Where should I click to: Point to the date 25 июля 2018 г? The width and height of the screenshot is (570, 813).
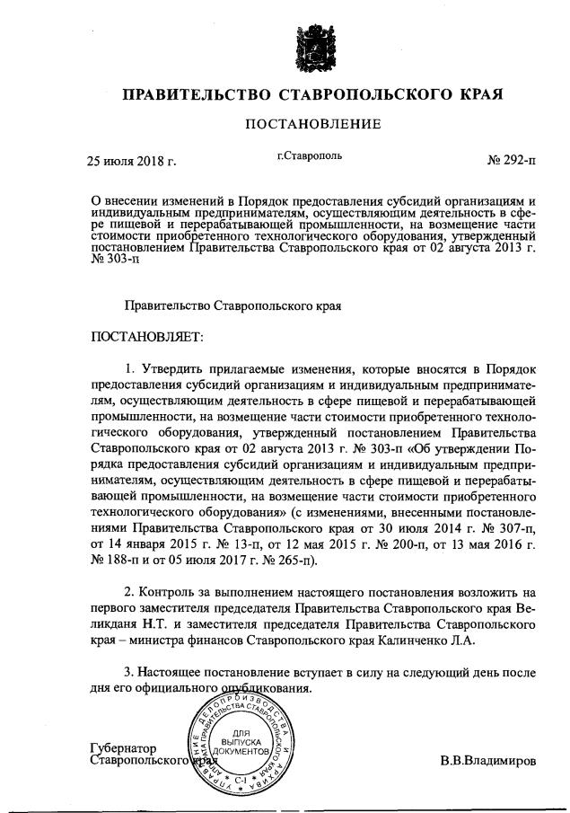[x=131, y=162]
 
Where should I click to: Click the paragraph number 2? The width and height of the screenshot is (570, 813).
[x=129, y=593]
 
